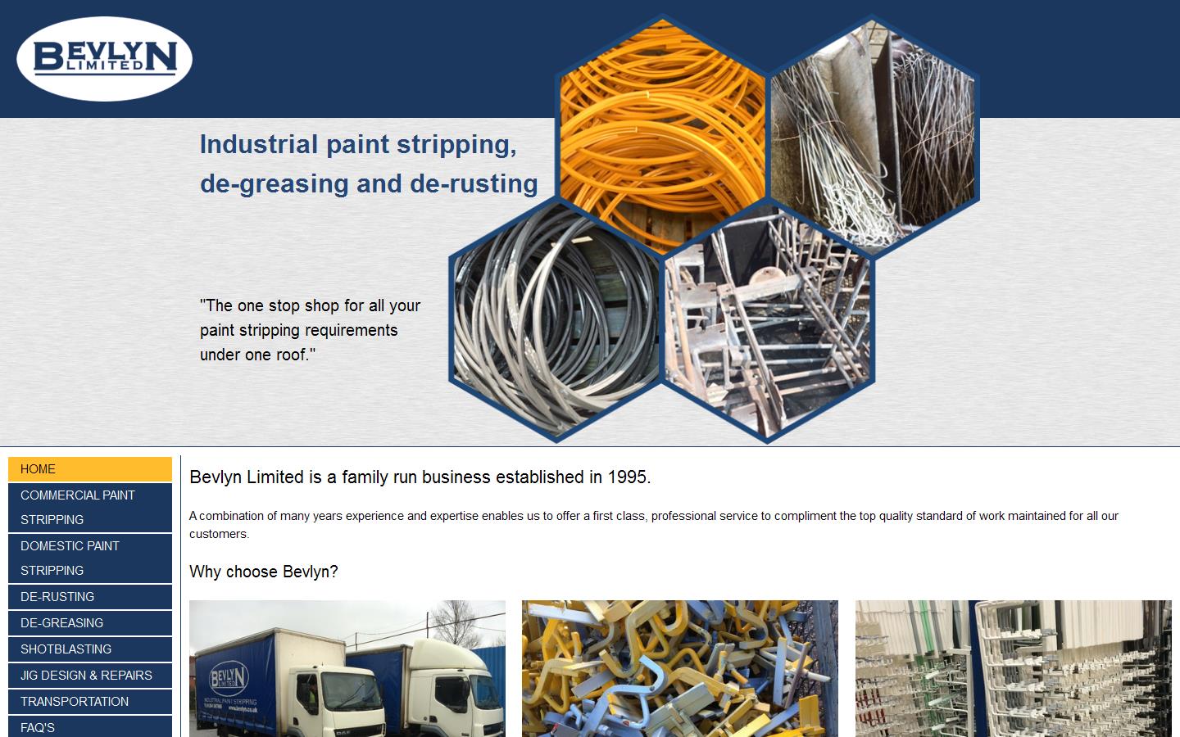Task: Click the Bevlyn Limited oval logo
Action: pos(104,59)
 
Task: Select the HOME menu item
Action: pos(90,469)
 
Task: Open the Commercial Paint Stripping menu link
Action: pos(90,507)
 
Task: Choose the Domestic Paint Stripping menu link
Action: pos(90,558)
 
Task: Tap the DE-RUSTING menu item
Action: pos(90,597)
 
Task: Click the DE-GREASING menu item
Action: pos(90,623)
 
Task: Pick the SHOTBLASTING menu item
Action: pos(90,649)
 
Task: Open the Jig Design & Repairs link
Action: pos(90,676)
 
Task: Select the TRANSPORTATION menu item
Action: pos(90,702)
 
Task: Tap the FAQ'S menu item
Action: pos(90,727)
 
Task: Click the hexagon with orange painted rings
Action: pos(662,131)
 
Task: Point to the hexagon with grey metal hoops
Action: pos(555,319)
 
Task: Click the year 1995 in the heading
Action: pos(628,477)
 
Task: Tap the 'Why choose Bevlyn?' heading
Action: pos(263,572)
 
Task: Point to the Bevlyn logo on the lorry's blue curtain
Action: pos(229,678)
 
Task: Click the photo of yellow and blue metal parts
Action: pos(679,668)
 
